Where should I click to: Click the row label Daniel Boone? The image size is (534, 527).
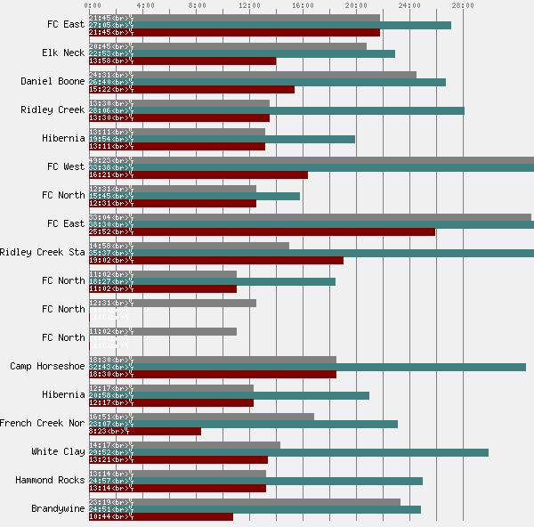click(53, 81)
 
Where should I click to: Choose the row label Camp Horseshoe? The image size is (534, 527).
click(47, 366)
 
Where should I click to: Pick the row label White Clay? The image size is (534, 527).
click(58, 451)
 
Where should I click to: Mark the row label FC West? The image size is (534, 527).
click(66, 166)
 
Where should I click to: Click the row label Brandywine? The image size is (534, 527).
click(58, 508)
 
